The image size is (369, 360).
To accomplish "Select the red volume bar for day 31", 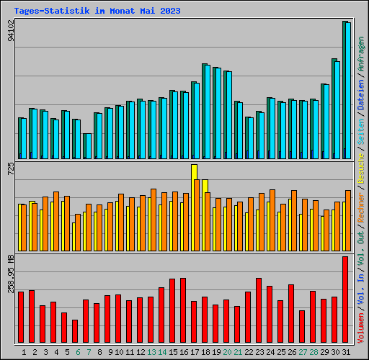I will point(345,300).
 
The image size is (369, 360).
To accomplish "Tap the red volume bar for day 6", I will point(75,331).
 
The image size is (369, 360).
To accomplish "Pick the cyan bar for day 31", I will point(347,90).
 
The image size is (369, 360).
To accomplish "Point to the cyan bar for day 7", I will point(87,145).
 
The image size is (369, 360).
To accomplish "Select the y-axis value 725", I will point(10,170).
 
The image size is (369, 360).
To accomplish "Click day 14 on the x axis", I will point(163,352).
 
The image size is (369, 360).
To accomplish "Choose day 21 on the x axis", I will point(239,352).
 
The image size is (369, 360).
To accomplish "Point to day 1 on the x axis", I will point(25,352).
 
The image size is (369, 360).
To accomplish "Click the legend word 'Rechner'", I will point(361,212).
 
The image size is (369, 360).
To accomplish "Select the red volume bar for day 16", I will point(183,311).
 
